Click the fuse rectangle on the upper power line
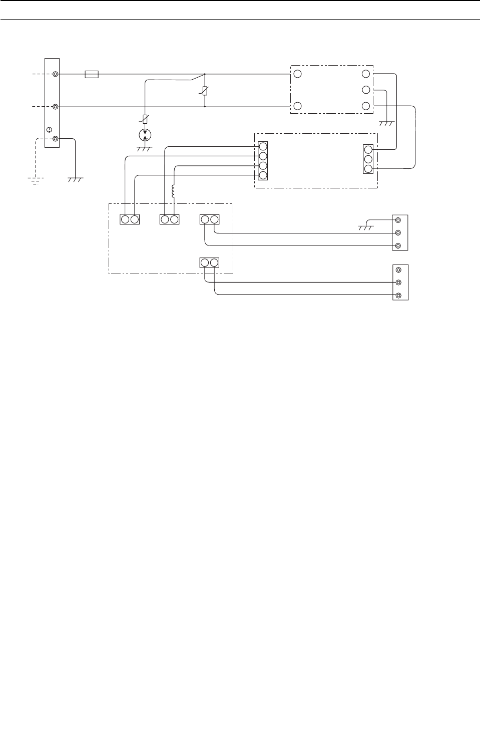(x=92, y=74)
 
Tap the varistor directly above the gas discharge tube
(x=145, y=119)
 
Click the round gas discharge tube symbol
(x=145, y=135)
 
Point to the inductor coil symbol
(x=174, y=191)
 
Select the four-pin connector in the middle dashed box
(x=263, y=161)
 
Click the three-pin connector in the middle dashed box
(x=368, y=159)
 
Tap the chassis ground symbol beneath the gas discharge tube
(x=144, y=149)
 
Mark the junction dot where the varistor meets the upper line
(x=205, y=74)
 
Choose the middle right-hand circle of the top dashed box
(x=366, y=90)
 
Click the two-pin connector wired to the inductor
(x=169, y=219)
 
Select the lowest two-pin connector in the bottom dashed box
(x=209, y=263)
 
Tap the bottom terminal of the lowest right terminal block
(x=398, y=296)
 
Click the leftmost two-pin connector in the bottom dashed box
(x=130, y=219)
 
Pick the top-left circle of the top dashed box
(x=297, y=74)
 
